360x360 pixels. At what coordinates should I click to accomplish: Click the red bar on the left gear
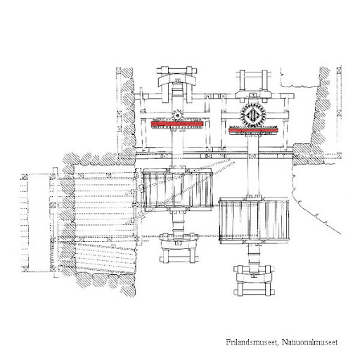[x=176, y=124]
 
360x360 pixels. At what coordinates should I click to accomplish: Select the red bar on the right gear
[x=253, y=130]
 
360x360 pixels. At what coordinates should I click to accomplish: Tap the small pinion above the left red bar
[x=177, y=115]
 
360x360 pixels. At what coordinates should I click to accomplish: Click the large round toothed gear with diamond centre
[x=253, y=115]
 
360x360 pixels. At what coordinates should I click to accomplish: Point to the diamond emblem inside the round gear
[x=253, y=115]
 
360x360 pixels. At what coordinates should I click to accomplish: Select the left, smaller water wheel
[x=177, y=190]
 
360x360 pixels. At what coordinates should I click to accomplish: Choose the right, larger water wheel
[x=254, y=219]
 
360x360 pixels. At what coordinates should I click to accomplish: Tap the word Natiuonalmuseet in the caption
[x=309, y=342]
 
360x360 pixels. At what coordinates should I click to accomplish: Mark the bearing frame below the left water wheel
[x=179, y=247]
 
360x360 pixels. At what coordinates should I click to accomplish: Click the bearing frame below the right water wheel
[x=254, y=280]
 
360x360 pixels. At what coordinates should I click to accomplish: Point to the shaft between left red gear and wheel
[x=177, y=147]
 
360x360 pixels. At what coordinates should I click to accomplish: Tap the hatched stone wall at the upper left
[x=129, y=112]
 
